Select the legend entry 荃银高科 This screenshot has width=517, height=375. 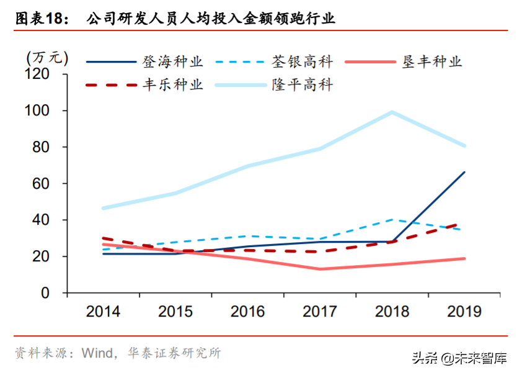click(x=302, y=62)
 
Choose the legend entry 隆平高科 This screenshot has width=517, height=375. click(x=302, y=85)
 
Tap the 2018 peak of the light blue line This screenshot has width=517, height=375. click(x=392, y=112)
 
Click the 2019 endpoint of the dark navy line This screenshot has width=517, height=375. click(x=464, y=172)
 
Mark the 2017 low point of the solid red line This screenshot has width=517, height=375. click(x=320, y=269)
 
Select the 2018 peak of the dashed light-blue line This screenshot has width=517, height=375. click(x=392, y=219)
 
